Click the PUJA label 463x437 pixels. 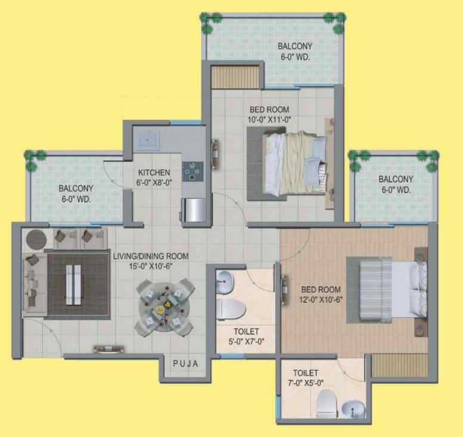pos(185,364)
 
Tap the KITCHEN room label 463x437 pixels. pos(154,172)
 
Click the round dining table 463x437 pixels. pos(164,306)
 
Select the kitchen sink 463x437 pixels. pos(147,140)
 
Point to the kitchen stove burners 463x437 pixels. pos(192,171)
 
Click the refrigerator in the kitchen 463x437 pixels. pos(194,210)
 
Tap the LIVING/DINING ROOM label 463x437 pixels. pos(151,256)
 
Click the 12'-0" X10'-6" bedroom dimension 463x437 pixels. pos(321,300)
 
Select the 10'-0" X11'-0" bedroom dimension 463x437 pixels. pos(269,120)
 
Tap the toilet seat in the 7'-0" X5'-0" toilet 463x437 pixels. pos(327,404)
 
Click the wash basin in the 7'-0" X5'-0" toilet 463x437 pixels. pos(353,409)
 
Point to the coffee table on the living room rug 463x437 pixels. pos(73,285)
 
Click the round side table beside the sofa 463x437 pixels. pos(36,240)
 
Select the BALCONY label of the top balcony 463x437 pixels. pos(295,47)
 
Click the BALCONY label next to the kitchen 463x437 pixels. pos(76,188)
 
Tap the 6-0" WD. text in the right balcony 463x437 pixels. pos(396,190)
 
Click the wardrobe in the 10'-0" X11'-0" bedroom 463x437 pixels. pos(235,77)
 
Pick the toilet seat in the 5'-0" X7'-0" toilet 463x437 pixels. pos(231,309)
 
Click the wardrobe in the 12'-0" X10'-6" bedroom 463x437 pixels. pos(399,365)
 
